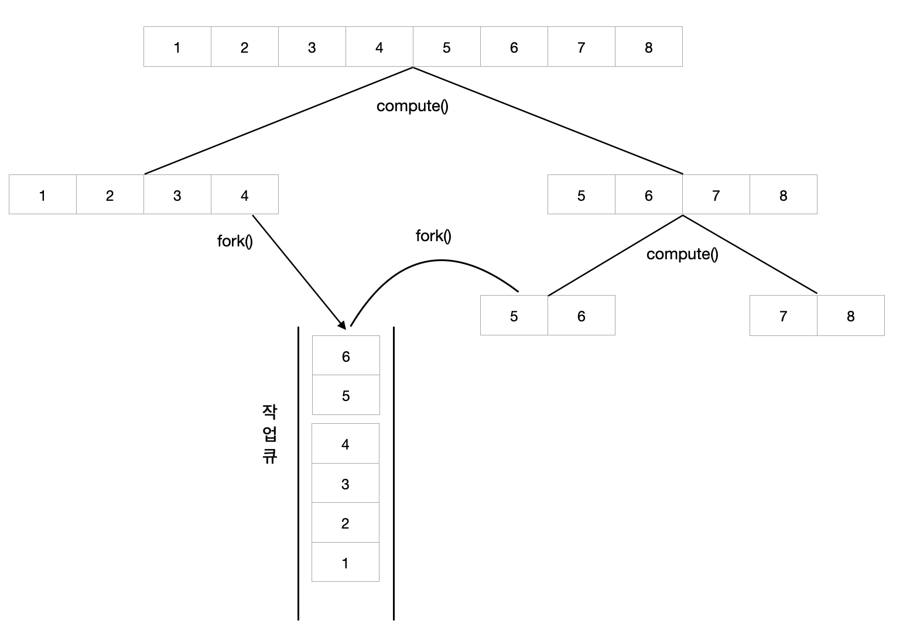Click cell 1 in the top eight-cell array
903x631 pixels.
pyautogui.click(x=177, y=47)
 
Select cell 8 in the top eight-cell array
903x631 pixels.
pyautogui.click(x=648, y=47)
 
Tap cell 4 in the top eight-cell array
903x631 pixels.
pyautogui.click(x=379, y=47)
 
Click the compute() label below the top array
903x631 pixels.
pyautogui.click(x=412, y=106)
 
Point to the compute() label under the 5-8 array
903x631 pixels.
pyautogui.click(x=682, y=254)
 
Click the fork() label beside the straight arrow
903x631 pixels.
pyautogui.click(x=235, y=241)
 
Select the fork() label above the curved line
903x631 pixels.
pyautogui.click(x=433, y=236)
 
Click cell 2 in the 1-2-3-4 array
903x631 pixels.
pyautogui.click(x=110, y=195)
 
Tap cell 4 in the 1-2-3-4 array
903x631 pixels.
pyautogui.click(x=244, y=195)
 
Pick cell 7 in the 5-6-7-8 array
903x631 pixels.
pyautogui.click(x=716, y=195)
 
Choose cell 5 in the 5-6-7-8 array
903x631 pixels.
pyautogui.click(x=581, y=195)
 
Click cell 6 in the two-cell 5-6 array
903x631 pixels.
pyautogui.click(x=581, y=316)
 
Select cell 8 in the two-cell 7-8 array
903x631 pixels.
pyautogui.click(x=850, y=316)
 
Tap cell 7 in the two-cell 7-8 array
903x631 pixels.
pyautogui.click(x=783, y=316)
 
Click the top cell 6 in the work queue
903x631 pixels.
pyautogui.click(x=346, y=356)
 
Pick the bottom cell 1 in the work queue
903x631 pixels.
pyautogui.click(x=345, y=563)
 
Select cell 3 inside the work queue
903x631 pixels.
pyautogui.click(x=345, y=483)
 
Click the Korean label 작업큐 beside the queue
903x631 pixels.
pyautogui.click(x=269, y=434)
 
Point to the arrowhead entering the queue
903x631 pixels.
pyautogui.click(x=341, y=324)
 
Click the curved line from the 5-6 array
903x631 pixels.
pyautogui.click(x=439, y=260)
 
